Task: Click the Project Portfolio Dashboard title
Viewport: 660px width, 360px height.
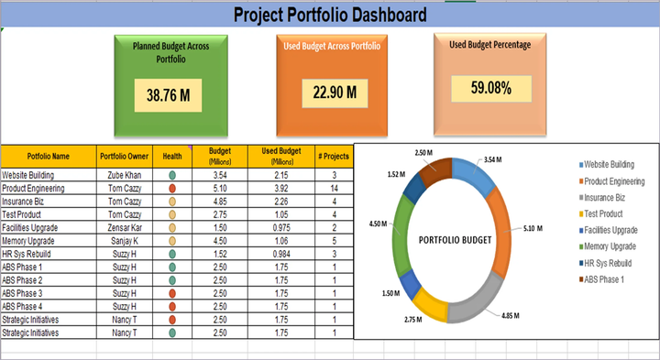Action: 329,15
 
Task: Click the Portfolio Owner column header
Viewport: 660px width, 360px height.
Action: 124,155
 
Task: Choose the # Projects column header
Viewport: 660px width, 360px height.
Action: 334,155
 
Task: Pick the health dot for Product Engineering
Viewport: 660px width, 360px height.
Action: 172,188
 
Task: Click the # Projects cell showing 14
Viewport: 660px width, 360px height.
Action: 334,188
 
